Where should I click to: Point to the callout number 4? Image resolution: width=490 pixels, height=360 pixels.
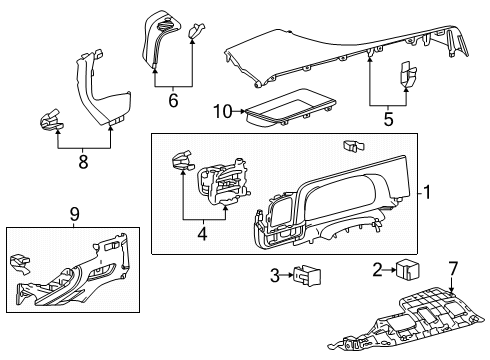tap(204, 235)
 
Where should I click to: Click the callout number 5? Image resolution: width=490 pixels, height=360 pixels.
tap(388, 119)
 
